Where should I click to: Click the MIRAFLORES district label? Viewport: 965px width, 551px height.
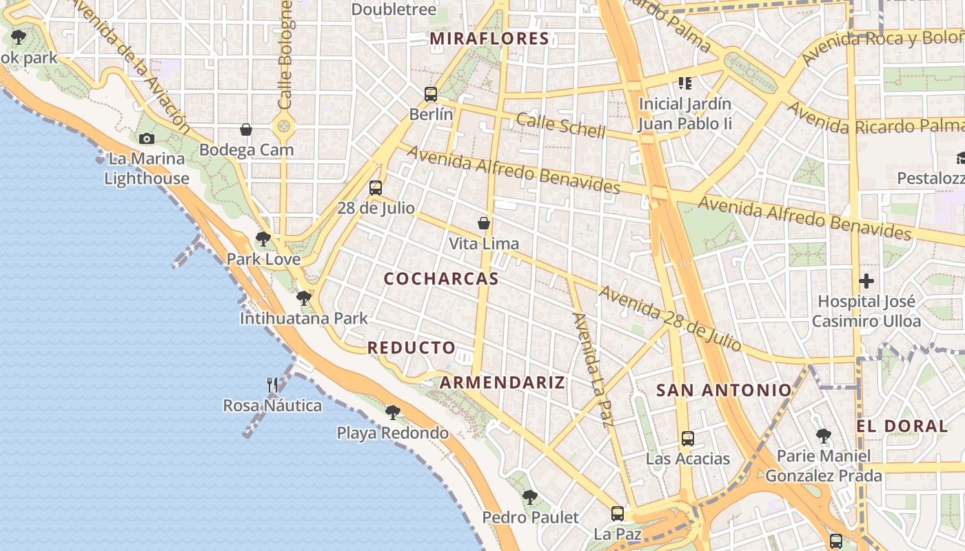coord(489,39)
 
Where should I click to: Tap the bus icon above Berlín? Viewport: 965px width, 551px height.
coord(431,94)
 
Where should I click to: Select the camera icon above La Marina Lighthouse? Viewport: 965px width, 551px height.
coord(146,138)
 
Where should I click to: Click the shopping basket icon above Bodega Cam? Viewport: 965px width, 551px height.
coord(246,129)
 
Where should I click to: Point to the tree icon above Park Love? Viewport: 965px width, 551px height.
coord(263,239)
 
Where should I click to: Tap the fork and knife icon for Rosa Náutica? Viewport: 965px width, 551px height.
coord(272,384)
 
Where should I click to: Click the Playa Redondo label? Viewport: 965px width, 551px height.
coord(392,433)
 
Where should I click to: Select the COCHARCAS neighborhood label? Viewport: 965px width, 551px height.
coord(441,279)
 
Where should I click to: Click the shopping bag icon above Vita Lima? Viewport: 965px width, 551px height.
coord(484,223)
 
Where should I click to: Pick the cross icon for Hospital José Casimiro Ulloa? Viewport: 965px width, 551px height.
coord(866,281)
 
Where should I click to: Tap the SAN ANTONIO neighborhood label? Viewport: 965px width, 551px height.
coord(724,391)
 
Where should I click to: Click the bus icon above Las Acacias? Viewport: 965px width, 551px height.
coord(687,438)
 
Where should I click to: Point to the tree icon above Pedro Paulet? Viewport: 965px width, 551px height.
coord(529,497)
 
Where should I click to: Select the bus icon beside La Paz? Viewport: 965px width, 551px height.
coord(618,513)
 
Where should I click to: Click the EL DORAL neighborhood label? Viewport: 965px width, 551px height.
coord(902,426)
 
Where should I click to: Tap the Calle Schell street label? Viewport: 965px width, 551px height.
coord(561,126)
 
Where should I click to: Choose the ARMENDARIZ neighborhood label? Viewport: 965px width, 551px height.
coord(502,383)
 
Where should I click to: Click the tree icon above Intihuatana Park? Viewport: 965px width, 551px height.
coord(303,298)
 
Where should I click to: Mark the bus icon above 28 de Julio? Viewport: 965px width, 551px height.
coord(376,187)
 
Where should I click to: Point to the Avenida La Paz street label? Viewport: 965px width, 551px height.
coord(593,371)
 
